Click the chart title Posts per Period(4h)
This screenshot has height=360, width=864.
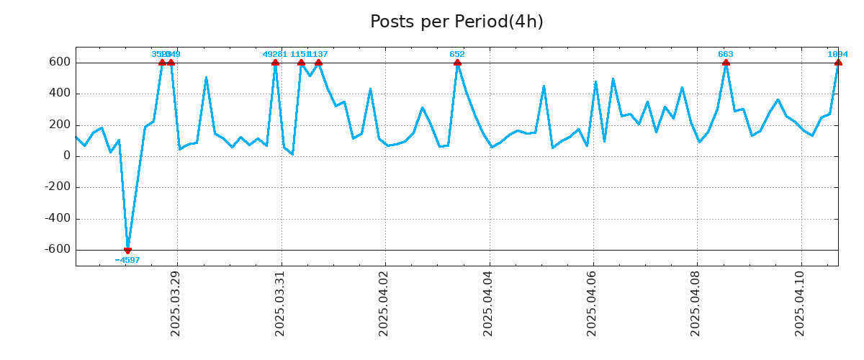pyautogui.click(x=456, y=22)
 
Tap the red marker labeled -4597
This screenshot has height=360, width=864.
pyautogui.click(x=127, y=250)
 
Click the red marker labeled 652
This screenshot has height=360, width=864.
pyautogui.click(x=457, y=63)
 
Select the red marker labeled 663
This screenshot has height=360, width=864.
pyautogui.click(x=726, y=63)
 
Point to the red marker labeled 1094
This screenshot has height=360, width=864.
pyautogui.click(x=838, y=63)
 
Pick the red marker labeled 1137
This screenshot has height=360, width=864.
pyautogui.click(x=318, y=63)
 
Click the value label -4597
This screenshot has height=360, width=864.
pyautogui.click(x=127, y=260)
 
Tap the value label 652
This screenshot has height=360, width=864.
pyautogui.click(x=457, y=54)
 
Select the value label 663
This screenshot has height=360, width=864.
pyautogui.click(x=726, y=54)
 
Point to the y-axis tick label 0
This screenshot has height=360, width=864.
pyautogui.click(x=66, y=156)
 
